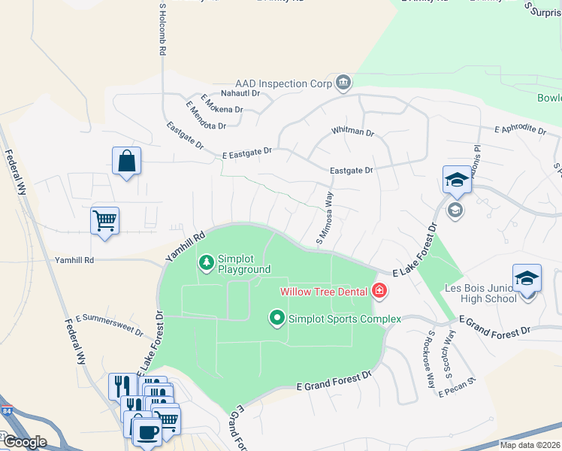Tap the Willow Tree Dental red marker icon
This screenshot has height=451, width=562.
click(x=379, y=291)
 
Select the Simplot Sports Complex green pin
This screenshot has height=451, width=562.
click(x=277, y=319)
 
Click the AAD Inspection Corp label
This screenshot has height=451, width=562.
click(x=283, y=84)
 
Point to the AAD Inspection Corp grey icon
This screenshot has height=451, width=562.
click(x=343, y=82)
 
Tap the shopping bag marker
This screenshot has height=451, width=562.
click(x=126, y=161)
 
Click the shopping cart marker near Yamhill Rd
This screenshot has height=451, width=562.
click(x=104, y=222)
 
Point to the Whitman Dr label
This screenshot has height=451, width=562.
click(x=353, y=132)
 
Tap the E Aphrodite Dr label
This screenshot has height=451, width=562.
click(x=520, y=129)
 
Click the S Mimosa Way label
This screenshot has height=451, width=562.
click(x=325, y=217)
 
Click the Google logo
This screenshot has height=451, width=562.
click(x=24, y=442)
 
